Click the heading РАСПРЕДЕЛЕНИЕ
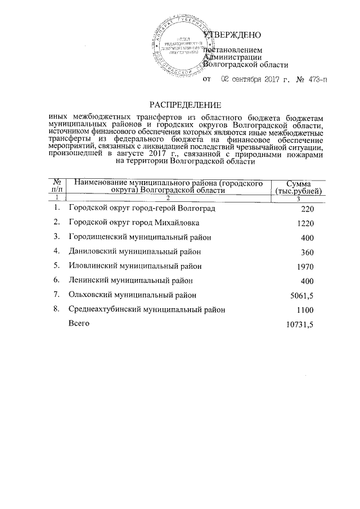point(185,104)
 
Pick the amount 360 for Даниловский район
point(305,252)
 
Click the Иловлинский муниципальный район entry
point(134,265)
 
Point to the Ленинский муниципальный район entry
point(130,280)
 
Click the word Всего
point(78,323)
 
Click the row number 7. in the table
point(56,294)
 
